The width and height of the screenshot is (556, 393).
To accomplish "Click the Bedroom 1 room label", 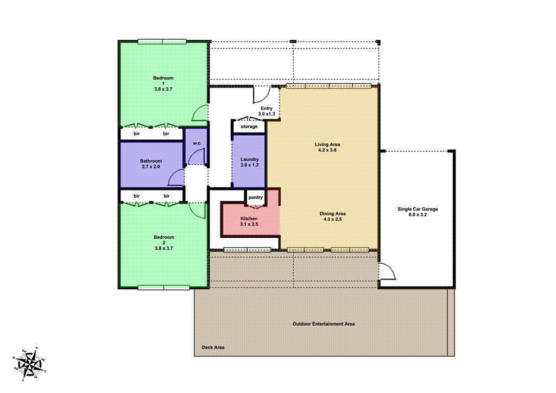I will point(163,83).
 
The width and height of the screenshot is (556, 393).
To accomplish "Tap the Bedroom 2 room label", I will point(163,242).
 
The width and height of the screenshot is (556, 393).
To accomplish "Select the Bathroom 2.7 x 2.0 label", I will point(151,164).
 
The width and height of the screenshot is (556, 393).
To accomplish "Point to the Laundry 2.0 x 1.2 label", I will point(249,162).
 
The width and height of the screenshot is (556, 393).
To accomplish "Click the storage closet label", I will point(249,126).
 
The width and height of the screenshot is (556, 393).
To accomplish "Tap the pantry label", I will point(255,198).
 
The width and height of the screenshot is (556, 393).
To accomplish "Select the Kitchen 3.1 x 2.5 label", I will point(249,221).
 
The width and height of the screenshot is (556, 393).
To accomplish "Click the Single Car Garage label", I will point(417,212).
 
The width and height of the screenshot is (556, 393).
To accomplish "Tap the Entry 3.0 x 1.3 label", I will point(267,111).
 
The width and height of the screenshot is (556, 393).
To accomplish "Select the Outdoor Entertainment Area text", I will point(324,324).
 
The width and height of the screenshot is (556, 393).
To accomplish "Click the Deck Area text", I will point(213,347).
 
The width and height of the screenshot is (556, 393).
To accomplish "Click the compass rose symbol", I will point(30,363).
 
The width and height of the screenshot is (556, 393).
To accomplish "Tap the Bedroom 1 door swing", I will point(200,113).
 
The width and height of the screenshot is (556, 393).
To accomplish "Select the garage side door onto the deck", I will point(387,270).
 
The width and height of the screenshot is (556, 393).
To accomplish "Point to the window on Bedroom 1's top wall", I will point(162,41).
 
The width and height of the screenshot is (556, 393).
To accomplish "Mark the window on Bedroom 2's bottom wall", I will point(163,287).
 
